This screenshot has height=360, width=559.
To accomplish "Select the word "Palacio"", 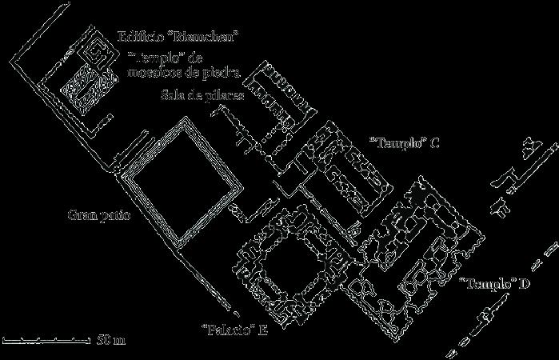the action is click(x=227, y=329).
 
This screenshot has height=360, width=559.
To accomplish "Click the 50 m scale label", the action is click(x=110, y=342).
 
